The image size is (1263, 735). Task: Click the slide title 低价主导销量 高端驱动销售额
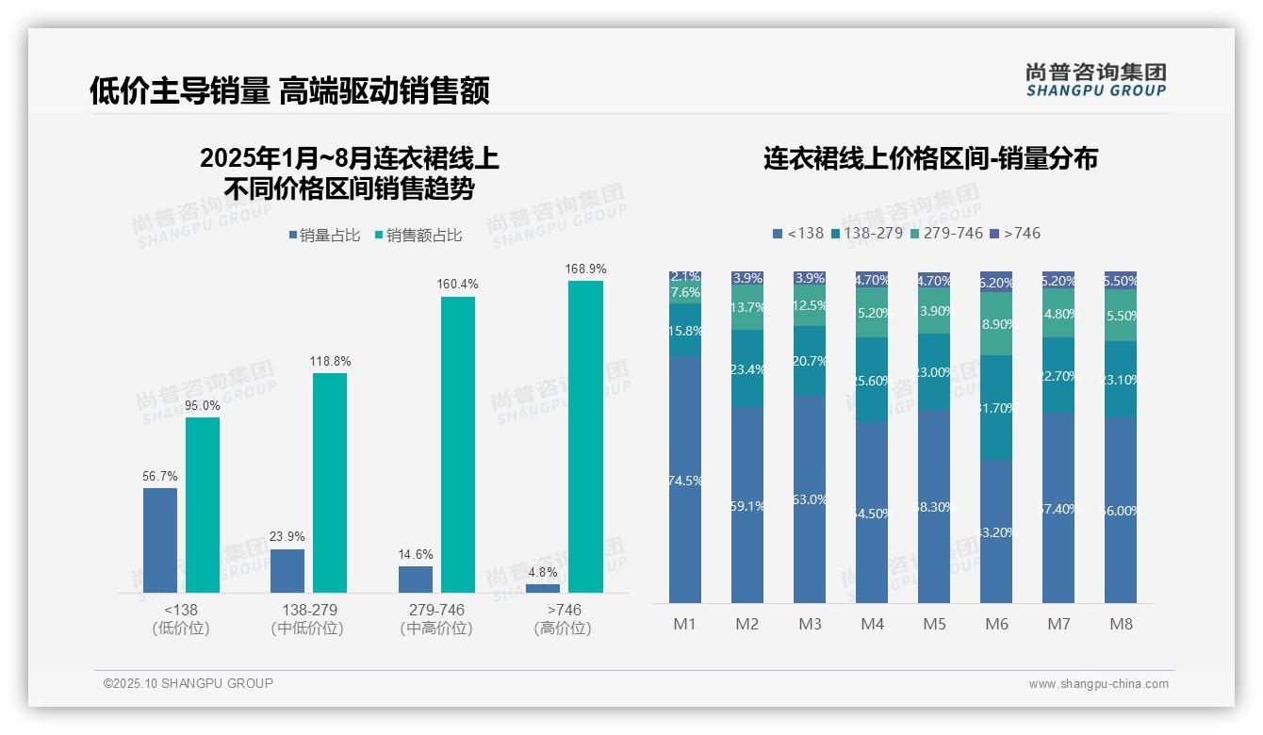pyautogui.click(x=288, y=91)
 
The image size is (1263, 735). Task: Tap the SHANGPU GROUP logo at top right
pyautogui.click(x=1095, y=80)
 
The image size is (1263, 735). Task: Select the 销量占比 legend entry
pyautogui.click(x=323, y=236)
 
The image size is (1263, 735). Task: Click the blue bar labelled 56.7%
pyautogui.click(x=160, y=540)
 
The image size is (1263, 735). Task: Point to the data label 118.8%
pyautogui.click(x=329, y=362)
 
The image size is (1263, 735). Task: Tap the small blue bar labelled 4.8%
pyautogui.click(x=543, y=588)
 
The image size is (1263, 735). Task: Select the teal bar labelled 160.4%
pyautogui.click(x=458, y=444)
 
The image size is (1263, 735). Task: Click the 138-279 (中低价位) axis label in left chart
pyautogui.click(x=307, y=619)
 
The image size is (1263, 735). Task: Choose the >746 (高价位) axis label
pyautogui.click(x=563, y=619)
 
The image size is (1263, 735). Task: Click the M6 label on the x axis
pyautogui.click(x=996, y=624)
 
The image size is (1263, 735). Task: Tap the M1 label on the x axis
pyautogui.click(x=684, y=624)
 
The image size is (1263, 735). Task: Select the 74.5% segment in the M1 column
pyautogui.click(x=685, y=480)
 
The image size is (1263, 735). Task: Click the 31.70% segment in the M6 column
pyautogui.click(x=996, y=407)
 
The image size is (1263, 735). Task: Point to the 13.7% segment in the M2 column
pyautogui.click(x=747, y=307)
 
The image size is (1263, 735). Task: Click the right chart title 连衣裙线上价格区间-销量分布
pyautogui.click(x=930, y=158)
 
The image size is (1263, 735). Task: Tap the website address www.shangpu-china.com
pyautogui.click(x=1098, y=684)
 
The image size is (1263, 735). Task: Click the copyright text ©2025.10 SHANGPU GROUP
pyautogui.click(x=189, y=683)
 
